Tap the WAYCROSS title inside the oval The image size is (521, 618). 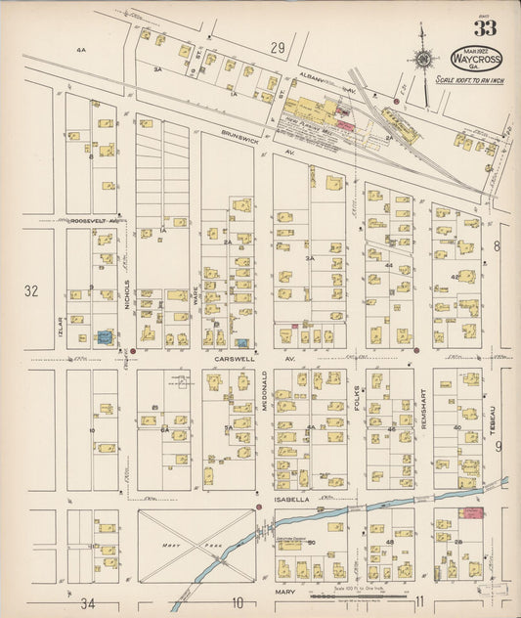coord(478,59)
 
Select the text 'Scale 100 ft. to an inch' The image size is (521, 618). coord(478,78)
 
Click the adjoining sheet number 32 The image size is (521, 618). coord(30,290)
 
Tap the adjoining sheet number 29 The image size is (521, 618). coord(278,46)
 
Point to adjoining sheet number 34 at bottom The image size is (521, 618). coord(89,603)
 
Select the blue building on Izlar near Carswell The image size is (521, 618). coord(105,337)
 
